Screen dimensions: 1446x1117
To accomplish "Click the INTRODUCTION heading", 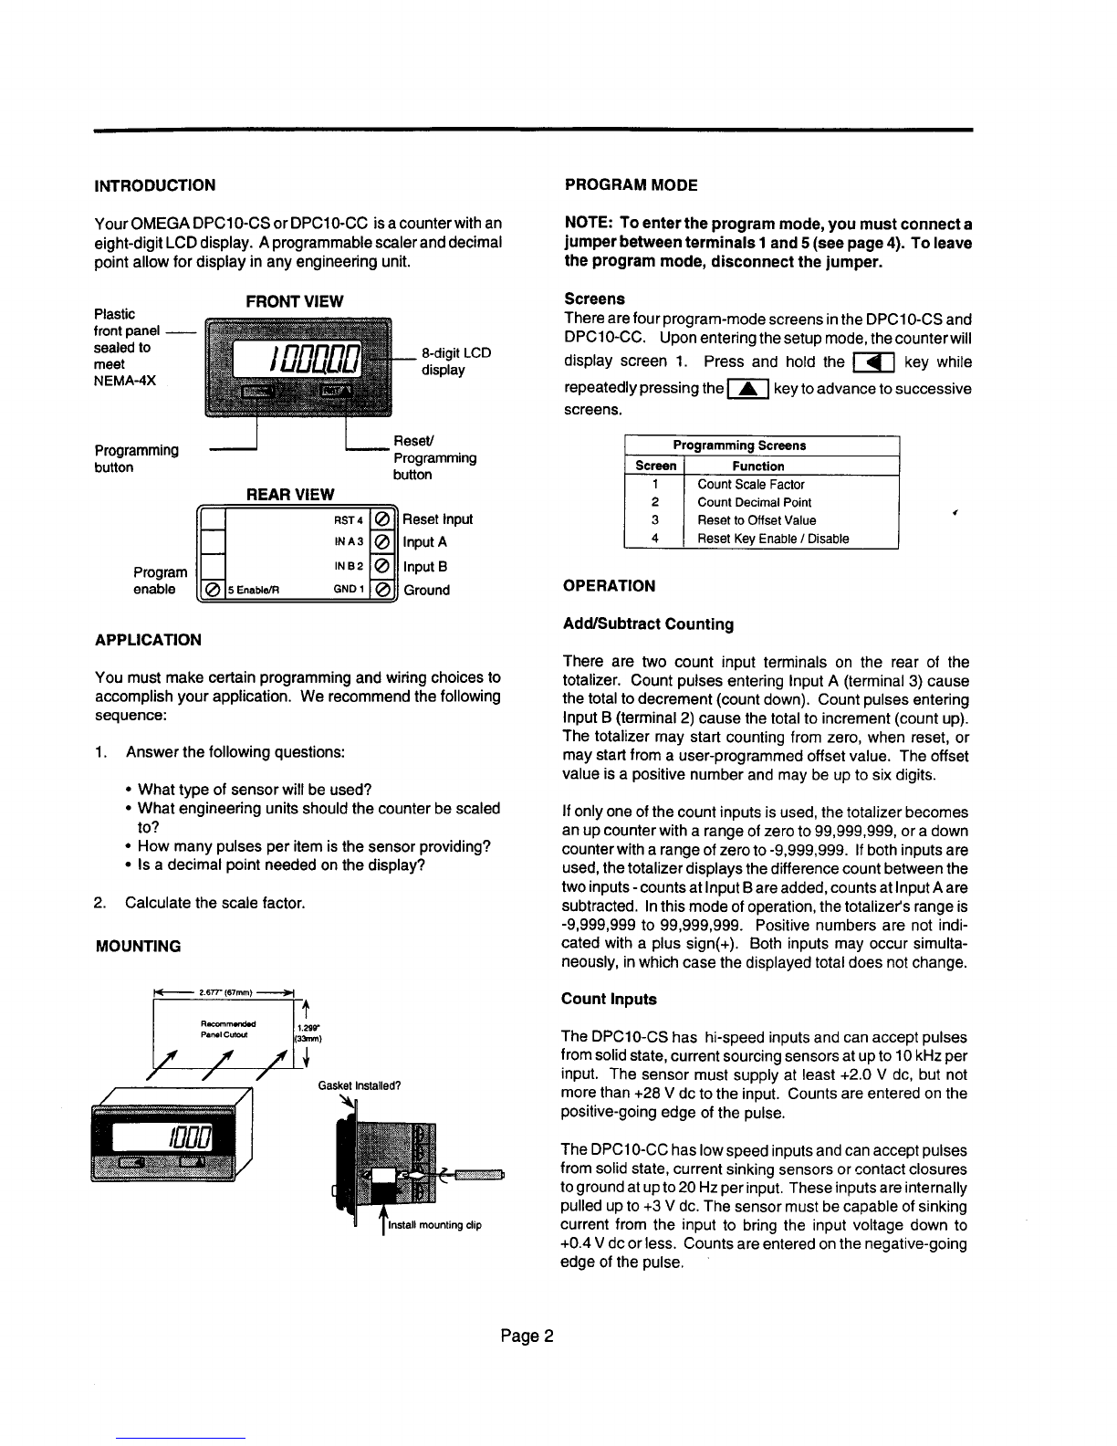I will point(155,185).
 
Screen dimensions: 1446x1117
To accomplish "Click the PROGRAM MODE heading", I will point(631,185).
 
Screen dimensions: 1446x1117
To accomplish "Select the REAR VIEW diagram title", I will point(291,494).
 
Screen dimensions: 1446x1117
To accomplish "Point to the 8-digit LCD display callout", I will point(455,361).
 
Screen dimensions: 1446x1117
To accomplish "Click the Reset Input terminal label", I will point(438,519).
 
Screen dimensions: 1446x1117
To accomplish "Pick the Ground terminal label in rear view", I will point(426,590).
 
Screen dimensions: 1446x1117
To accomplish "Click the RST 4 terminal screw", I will point(382,519).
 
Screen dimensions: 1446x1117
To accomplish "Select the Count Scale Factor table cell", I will point(751,485).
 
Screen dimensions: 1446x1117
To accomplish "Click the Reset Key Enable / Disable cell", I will point(773,539).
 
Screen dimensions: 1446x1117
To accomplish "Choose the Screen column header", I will point(655,466).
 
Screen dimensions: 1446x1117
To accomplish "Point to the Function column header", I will point(758,466).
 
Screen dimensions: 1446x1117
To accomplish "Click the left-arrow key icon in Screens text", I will point(873,363).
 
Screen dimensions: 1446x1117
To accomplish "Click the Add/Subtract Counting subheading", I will point(648,624).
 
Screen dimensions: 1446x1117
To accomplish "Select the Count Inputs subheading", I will point(609,999).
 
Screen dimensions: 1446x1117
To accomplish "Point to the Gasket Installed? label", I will point(360,1086).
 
